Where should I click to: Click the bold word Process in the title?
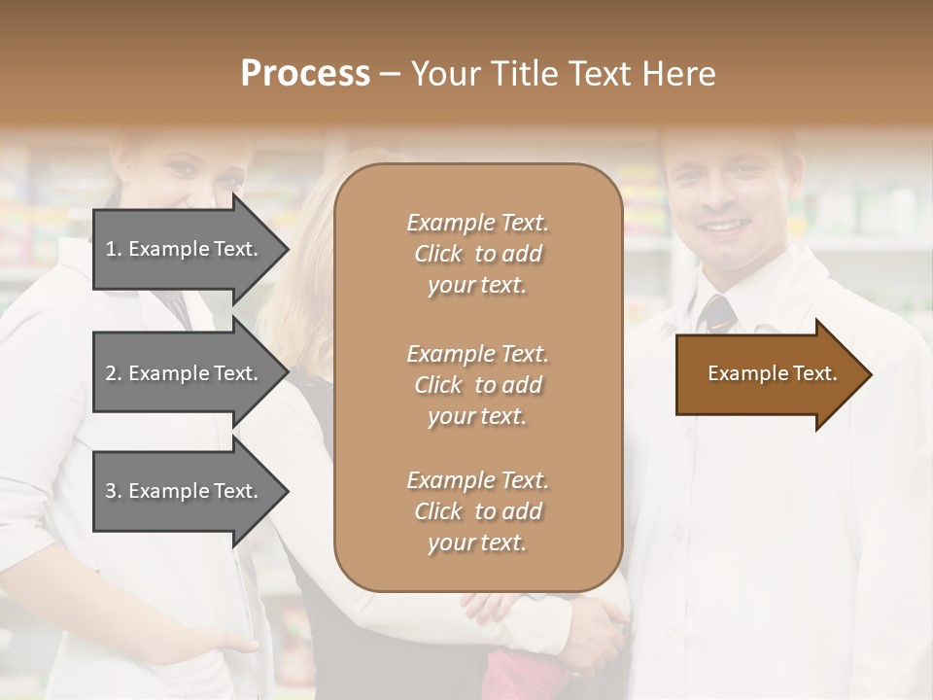tap(305, 74)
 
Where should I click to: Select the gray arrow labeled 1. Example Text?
tap(185, 249)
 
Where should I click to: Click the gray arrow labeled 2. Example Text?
tap(185, 373)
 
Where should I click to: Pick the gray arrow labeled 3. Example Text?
tap(185, 491)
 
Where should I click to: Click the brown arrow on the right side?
tap(768, 374)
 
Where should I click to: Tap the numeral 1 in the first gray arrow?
tap(110, 249)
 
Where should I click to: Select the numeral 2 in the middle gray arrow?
tap(110, 373)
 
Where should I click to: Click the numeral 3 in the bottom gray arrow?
tap(110, 491)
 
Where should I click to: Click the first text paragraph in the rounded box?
tap(477, 254)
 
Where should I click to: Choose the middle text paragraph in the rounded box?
tap(477, 384)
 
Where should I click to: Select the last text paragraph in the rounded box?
tap(477, 511)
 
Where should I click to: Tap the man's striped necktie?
tap(717, 313)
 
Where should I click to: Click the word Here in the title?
tap(681, 74)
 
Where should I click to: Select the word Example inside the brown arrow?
tap(740, 373)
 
